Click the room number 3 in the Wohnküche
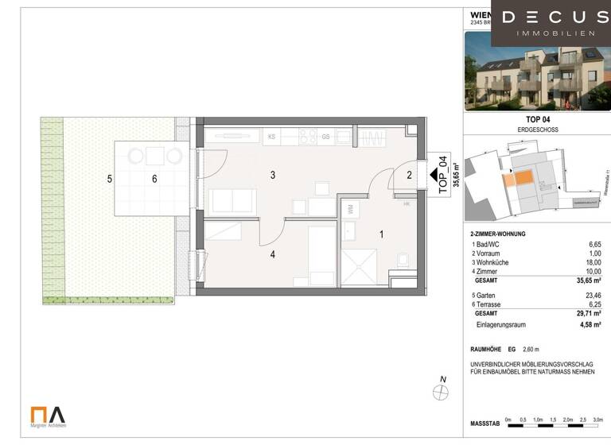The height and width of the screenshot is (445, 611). (272, 175)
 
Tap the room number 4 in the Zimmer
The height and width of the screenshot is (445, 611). (272, 255)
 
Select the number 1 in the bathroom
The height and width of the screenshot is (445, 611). (381, 234)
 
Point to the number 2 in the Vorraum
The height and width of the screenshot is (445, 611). (410, 175)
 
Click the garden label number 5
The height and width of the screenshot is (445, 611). (110, 180)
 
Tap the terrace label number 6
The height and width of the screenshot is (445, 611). (154, 180)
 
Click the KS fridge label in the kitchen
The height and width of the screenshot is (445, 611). (271, 137)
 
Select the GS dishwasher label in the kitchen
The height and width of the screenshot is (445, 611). (326, 137)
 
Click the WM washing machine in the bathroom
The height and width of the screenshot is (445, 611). (351, 208)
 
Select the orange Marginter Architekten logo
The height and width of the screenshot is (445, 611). (48, 415)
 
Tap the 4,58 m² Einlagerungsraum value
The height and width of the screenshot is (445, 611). (590, 324)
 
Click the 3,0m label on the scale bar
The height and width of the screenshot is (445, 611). (598, 419)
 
